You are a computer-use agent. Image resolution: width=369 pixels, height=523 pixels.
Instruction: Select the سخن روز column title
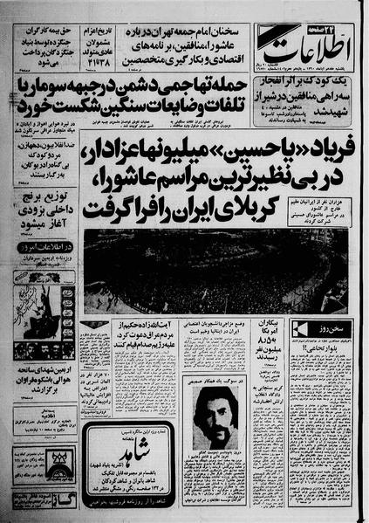(x=328, y=326)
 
